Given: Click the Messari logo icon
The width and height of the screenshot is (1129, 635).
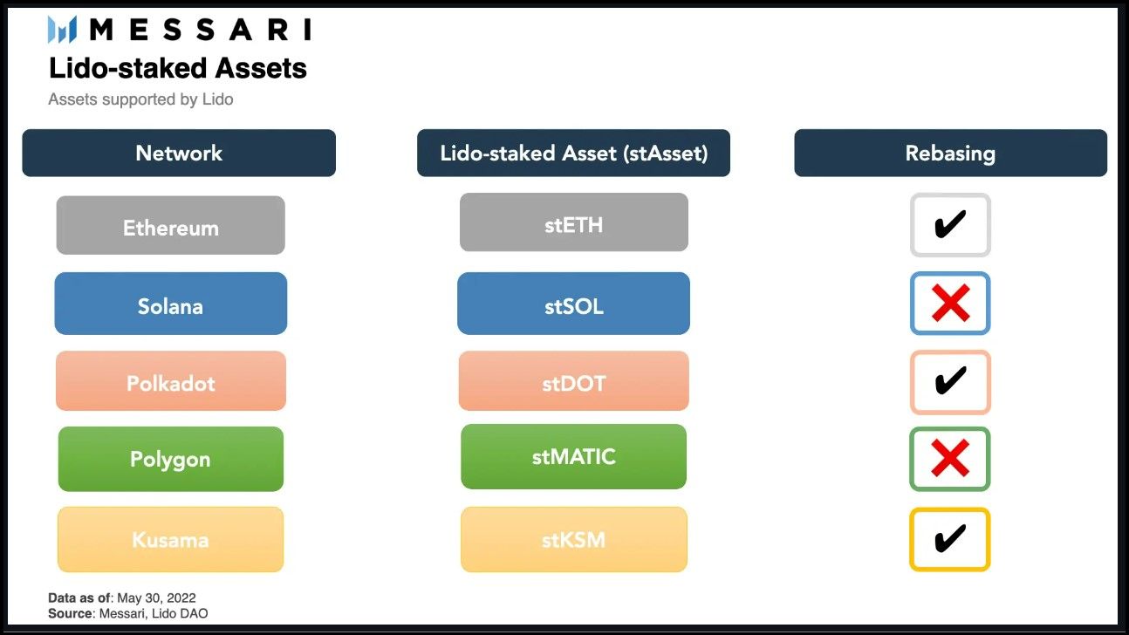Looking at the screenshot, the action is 62,30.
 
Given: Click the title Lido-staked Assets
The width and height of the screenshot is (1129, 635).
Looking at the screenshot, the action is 177,68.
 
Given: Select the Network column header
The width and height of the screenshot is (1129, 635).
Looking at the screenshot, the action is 179,153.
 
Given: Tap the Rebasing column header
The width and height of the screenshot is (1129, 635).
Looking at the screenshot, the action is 951,153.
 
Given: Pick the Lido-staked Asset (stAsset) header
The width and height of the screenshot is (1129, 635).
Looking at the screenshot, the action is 573,153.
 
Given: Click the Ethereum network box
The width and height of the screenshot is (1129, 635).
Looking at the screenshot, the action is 171,225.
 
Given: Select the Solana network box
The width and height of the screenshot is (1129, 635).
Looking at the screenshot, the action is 171,304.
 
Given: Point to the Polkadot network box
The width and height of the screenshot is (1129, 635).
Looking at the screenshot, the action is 171,381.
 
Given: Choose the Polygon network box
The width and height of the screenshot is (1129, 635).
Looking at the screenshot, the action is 171,459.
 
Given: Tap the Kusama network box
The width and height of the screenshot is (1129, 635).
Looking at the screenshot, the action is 171,539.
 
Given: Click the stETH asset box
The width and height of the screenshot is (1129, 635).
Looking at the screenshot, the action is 574,222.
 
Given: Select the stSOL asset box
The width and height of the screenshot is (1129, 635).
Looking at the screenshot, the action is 573,304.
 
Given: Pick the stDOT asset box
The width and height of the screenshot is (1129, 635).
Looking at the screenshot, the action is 573,381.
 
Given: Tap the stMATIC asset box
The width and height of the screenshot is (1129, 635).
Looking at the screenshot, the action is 573,456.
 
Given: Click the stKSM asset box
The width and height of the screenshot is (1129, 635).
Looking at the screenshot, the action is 574,539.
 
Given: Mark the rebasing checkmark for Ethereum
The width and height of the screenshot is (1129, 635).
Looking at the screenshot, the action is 949,225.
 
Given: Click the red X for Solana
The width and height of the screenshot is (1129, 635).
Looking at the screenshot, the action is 951,303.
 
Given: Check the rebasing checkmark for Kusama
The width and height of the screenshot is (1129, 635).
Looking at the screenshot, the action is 949,539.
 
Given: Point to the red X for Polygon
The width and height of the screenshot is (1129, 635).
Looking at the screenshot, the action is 950,458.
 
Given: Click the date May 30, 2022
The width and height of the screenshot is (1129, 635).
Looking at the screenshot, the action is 156,597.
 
